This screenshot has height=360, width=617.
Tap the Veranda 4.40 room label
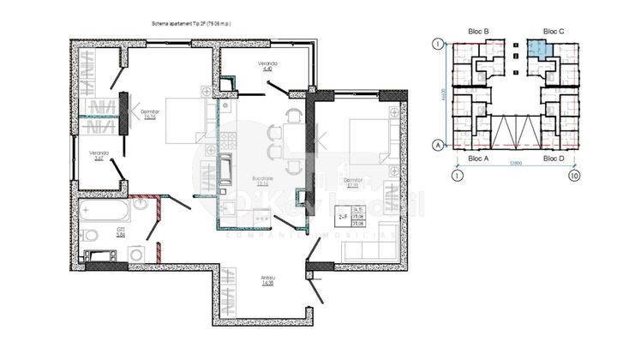pos(267,68)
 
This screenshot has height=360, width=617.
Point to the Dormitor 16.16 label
pos(150,115)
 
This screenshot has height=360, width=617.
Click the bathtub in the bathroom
pos(105,208)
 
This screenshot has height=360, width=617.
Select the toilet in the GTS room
pos(91,235)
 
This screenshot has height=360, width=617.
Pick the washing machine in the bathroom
pos(135,254)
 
